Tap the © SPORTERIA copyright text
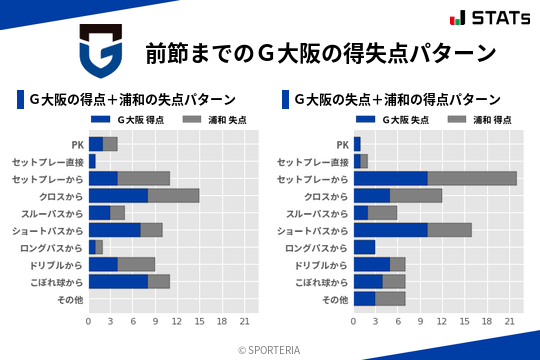(x=269, y=349)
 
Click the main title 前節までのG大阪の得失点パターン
(x=320, y=52)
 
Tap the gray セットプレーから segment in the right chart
(x=472, y=178)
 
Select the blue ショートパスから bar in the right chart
(x=390, y=230)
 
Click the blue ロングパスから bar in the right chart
(x=364, y=247)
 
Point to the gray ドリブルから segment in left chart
(x=136, y=264)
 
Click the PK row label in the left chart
(x=78, y=144)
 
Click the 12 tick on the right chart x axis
(x=442, y=321)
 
